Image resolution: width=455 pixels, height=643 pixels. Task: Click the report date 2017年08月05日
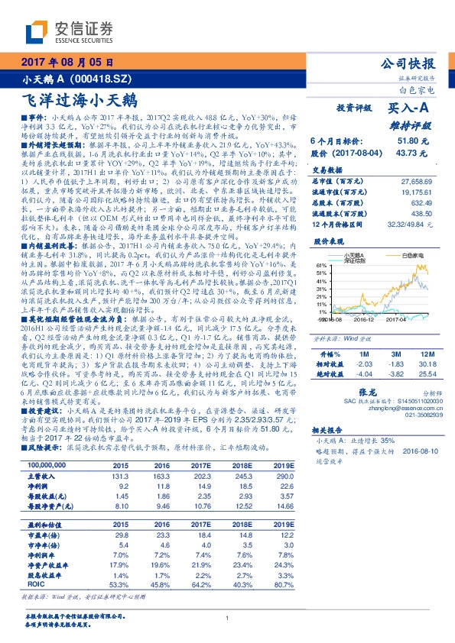[67, 63]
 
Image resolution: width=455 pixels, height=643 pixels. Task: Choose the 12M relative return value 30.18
[426, 344]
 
